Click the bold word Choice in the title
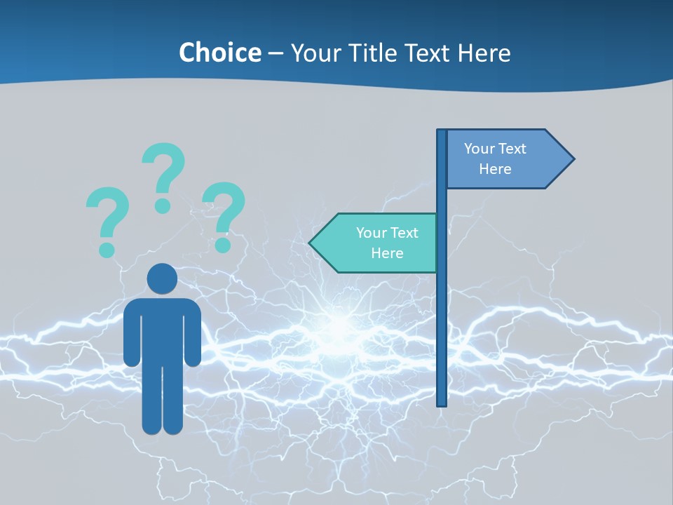click(x=219, y=53)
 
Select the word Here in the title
click(x=484, y=53)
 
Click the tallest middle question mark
click(x=164, y=175)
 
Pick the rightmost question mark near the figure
click(x=224, y=214)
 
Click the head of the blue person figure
click(x=162, y=279)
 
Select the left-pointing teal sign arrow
click(x=375, y=243)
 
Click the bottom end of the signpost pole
click(x=442, y=403)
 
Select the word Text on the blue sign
click(x=512, y=149)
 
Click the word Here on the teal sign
click(x=387, y=253)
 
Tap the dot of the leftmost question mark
click(x=107, y=249)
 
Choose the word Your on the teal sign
click(x=372, y=233)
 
